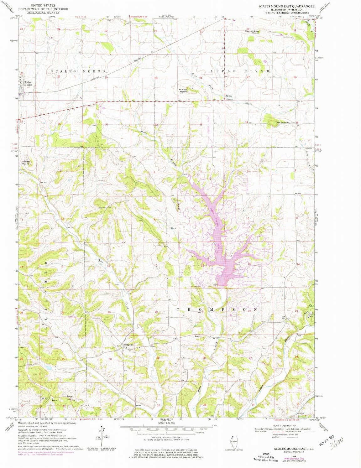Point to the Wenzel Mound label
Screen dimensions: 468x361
pyautogui.click(x=25, y=163)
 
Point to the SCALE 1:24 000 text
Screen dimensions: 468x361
pyautogui.click(x=166, y=424)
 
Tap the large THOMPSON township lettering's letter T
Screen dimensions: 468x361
pyautogui.click(x=178, y=309)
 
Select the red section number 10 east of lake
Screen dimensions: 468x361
pyautogui.click(x=247, y=218)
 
